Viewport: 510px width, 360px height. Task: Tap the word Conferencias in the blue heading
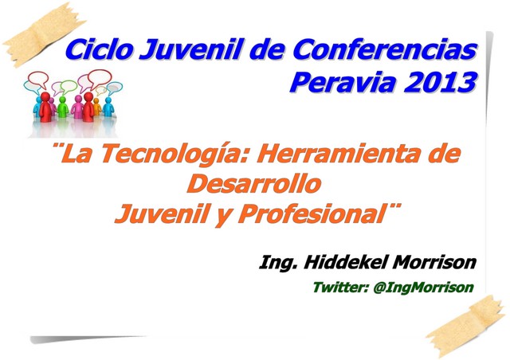[385, 49]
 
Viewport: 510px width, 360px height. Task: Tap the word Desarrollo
[254, 184]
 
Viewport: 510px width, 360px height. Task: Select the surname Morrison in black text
[434, 262]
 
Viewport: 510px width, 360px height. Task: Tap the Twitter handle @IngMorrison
[423, 288]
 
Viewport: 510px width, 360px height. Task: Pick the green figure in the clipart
[62, 108]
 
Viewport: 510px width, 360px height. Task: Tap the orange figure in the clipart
[97, 107]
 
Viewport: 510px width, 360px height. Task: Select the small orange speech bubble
[100, 91]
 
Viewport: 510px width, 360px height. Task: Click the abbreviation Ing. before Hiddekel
[278, 263]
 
